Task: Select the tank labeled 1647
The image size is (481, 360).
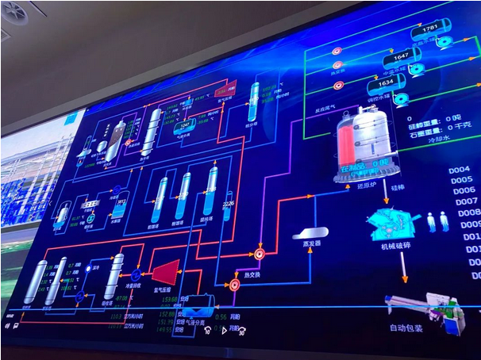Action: [401, 57]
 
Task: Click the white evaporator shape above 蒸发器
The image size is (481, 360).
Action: [310, 232]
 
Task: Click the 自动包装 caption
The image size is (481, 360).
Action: [406, 326]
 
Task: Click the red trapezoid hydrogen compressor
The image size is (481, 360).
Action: [167, 272]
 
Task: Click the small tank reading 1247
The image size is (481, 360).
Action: [185, 124]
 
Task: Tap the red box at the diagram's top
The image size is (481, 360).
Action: [223, 89]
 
